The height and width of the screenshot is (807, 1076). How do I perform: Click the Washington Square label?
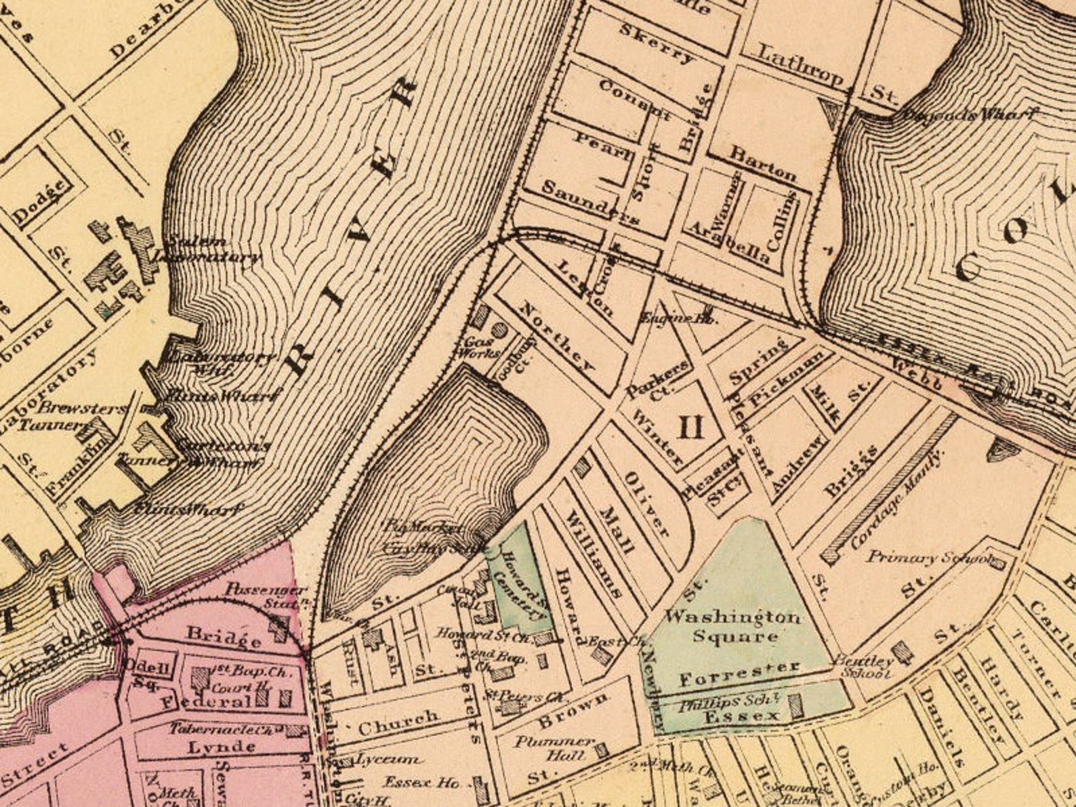point(732,627)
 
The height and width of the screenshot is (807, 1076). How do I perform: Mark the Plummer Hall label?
point(554,748)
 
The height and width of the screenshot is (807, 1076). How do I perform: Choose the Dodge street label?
point(42,201)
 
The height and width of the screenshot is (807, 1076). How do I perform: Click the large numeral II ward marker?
point(691,428)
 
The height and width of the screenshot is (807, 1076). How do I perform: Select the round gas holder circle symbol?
point(499,330)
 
